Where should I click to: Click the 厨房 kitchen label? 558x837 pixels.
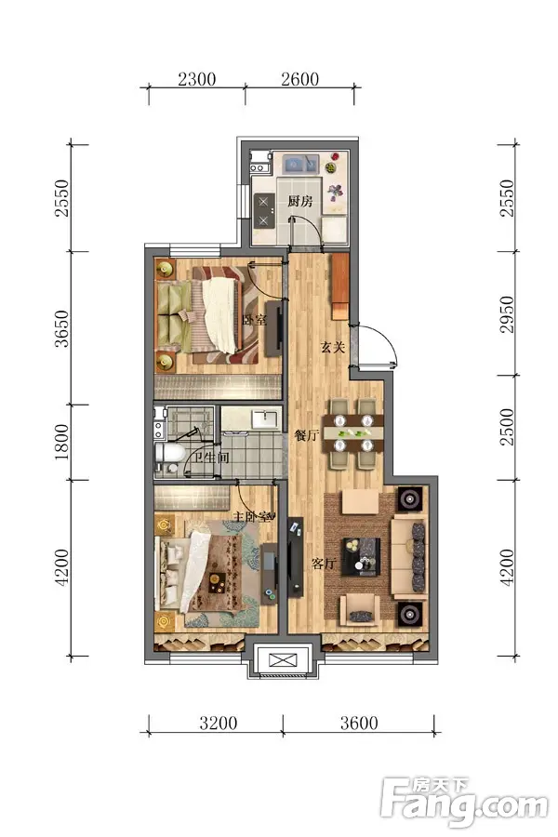pyautogui.click(x=300, y=201)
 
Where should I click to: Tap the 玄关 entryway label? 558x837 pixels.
pyautogui.click(x=333, y=348)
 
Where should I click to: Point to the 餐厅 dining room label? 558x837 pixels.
pyautogui.click(x=307, y=435)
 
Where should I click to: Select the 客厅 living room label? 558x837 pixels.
pyautogui.click(x=325, y=564)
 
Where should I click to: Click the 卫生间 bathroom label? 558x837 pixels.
pyautogui.click(x=211, y=458)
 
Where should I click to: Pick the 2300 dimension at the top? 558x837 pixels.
pyautogui.click(x=197, y=80)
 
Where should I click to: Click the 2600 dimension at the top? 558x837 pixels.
pyautogui.click(x=300, y=80)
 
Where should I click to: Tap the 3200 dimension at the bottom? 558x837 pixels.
pyautogui.click(x=219, y=724)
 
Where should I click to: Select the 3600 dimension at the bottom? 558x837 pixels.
pyautogui.click(x=359, y=724)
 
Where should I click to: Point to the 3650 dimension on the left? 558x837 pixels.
pyautogui.click(x=62, y=329)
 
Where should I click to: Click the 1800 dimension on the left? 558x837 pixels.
pyautogui.click(x=62, y=442)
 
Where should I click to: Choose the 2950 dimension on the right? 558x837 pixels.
pyautogui.click(x=507, y=314)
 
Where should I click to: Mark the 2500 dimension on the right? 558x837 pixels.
pyautogui.click(x=507, y=427)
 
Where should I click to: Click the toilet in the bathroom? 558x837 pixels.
pyautogui.click(x=169, y=454)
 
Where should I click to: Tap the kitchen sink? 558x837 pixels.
pyautogui.click(x=300, y=164)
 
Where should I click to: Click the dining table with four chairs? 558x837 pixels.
pyautogui.click(x=353, y=433)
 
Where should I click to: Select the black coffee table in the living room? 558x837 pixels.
pyautogui.click(x=361, y=557)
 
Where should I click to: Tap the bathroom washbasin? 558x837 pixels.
pyautogui.click(x=266, y=418)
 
